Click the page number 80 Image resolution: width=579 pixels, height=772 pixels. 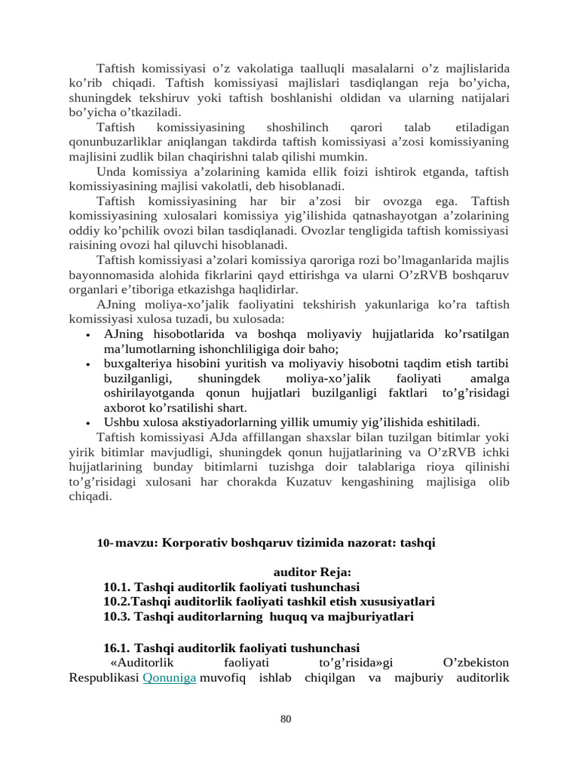point(286,719)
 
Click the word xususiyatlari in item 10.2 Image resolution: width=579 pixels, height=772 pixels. point(398,602)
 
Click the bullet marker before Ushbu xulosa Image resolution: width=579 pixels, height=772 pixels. point(89,423)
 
